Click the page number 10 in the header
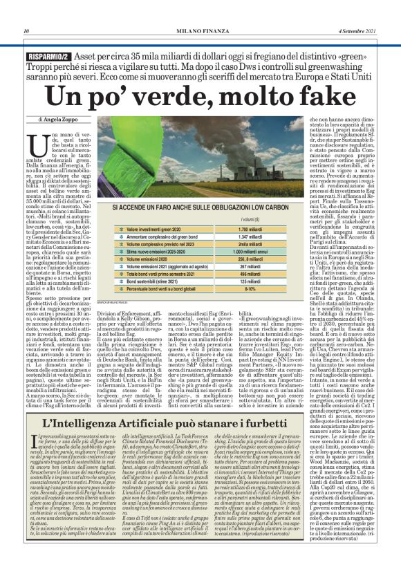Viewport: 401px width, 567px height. [x=26, y=32]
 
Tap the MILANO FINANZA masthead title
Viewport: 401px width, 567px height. [x=200, y=32]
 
